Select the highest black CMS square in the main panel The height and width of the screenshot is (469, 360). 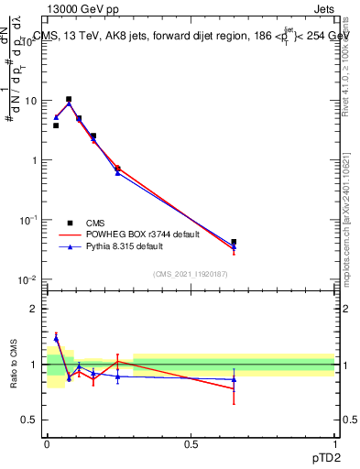(x=69, y=99)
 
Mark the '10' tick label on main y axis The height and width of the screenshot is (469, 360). (x=31, y=101)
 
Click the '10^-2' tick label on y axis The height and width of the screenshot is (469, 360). (x=29, y=279)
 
